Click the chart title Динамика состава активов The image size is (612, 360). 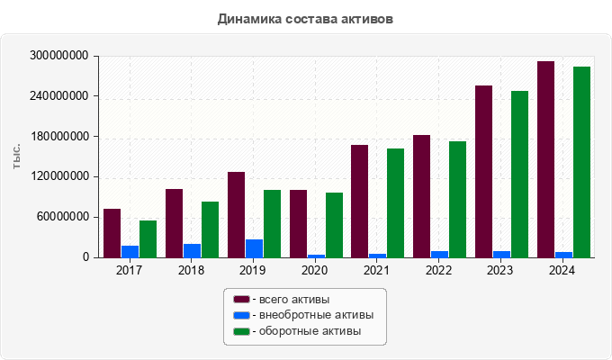point(305,19)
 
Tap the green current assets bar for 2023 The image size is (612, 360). point(519,174)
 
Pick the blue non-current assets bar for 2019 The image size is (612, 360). point(254,248)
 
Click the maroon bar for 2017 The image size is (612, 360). point(112,233)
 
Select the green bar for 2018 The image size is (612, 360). point(210,229)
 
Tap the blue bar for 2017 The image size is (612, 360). point(130,251)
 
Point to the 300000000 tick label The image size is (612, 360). point(59,56)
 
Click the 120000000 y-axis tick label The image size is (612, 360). point(59,177)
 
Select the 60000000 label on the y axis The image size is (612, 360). point(62,217)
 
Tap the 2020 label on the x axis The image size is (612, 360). point(315,270)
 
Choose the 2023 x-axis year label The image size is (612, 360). point(500,270)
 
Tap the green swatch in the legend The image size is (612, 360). point(241,332)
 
